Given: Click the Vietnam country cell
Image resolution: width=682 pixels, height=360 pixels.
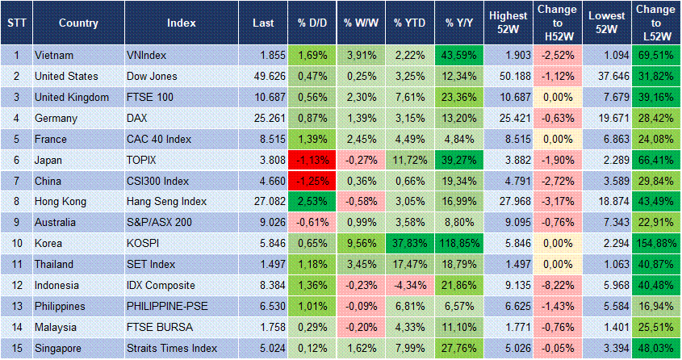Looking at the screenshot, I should (x=55, y=55).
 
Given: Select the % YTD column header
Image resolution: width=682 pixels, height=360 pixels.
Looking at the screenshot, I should (x=409, y=23).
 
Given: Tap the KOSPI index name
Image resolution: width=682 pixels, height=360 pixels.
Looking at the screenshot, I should (x=143, y=242).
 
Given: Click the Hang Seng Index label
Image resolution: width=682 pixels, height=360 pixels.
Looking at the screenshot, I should (x=166, y=200).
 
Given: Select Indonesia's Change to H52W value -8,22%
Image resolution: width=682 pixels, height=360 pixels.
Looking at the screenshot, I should (x=556, y=284).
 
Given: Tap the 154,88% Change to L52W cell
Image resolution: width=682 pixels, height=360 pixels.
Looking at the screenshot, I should (x=655, y=242).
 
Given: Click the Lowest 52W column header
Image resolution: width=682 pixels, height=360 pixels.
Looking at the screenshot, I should (x=605, y=23).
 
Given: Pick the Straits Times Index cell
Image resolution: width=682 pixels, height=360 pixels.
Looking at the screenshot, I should (x=172, y=347).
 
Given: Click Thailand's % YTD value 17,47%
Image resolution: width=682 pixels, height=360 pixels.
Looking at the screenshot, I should (x=409, y=263).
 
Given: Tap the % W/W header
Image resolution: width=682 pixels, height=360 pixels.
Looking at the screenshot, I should (x=360, y=23).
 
